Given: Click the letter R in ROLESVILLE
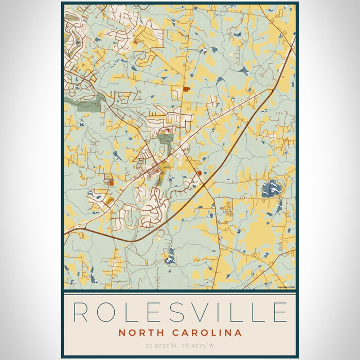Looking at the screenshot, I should pyautogui.click(x=81, y=313).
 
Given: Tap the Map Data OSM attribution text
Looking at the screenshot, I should pyautogui.click(x=285, y=287).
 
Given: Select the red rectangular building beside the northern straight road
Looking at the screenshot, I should pyautogui.click(x=186, y=89).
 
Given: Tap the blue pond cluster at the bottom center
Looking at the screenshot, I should pyautogui.click(x=170, y=256).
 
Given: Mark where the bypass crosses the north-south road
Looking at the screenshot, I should pyautogui.click(x=204, y=184).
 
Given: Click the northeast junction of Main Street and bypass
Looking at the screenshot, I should pyautogui.click(x=271, y=91).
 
